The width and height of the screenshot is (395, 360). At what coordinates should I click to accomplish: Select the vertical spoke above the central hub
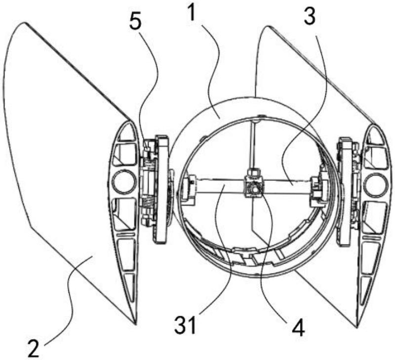[x=252, y=148]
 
